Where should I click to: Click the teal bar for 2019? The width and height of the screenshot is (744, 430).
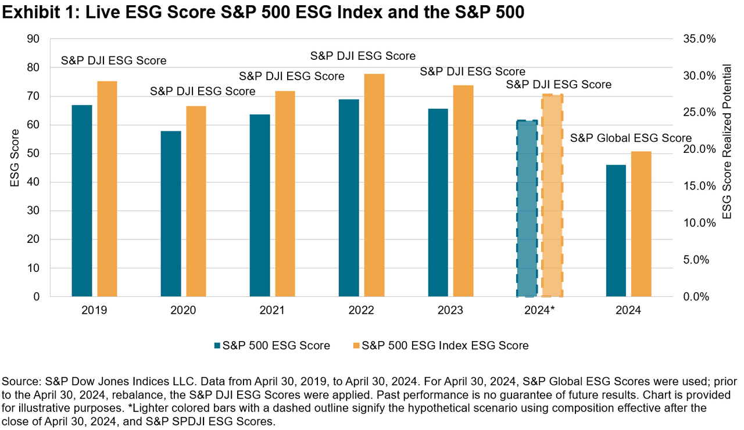coord(82,200)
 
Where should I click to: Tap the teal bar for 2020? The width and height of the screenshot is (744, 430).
coord(171,213)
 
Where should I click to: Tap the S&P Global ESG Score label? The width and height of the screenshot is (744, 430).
coord(631,138)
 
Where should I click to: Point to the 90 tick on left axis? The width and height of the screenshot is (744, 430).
coord(33,39)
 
